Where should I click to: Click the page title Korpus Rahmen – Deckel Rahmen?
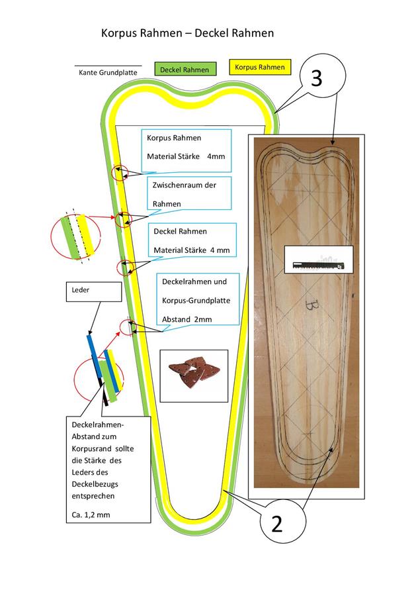tap(187, 32)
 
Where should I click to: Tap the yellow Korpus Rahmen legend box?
tap(260, 67)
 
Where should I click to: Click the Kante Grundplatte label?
tap(108, 72)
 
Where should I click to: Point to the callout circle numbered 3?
tap(316, 79)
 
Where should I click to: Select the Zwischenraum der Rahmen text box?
tap(189, 195)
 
